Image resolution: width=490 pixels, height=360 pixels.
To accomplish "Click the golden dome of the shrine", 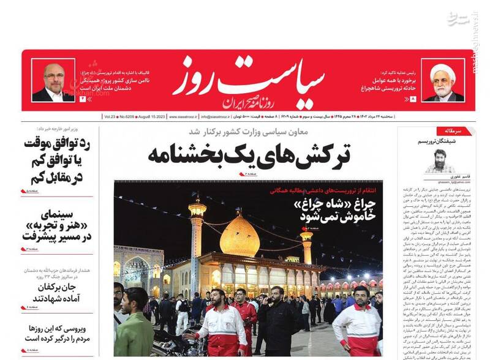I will tap(239, 236).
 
